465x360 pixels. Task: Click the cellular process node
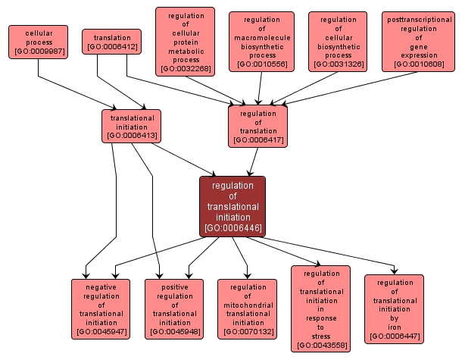pos(38,43)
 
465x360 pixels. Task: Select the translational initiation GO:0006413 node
pos(132,127)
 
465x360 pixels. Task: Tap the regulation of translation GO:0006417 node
pos(258,127)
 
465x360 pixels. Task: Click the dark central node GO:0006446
pos(232,205)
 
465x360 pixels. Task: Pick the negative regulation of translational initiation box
pos(101,308)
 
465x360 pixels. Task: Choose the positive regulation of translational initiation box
pos(174,308)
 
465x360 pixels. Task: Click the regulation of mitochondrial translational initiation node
pos(247,308)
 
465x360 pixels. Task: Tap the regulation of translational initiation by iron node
pos(394,308)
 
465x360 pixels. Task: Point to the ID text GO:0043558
pos(321,346)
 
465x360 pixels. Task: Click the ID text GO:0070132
pos(247,332)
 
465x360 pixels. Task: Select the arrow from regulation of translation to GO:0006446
pos(252,161)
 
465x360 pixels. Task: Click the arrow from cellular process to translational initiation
pos(76,91)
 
